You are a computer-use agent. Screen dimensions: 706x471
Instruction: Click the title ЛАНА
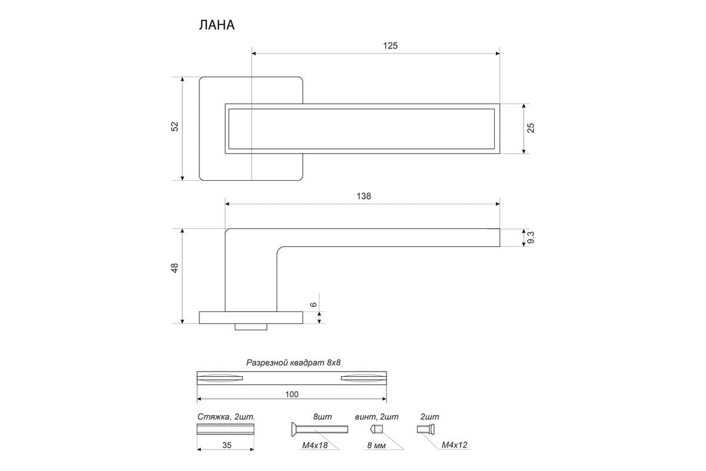click(217, 25)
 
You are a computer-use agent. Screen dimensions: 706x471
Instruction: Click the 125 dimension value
click(390, 46)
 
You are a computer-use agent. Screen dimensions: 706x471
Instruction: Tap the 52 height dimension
click(175, 127)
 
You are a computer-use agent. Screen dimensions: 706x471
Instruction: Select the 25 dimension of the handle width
click(531, 128)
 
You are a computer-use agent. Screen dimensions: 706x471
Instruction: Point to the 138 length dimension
click(364, 196)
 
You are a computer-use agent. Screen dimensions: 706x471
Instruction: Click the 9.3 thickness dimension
click(531, 237)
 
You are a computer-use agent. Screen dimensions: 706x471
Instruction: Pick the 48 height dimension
click(175, 268)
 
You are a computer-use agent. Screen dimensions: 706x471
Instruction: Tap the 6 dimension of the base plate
click(313, 304)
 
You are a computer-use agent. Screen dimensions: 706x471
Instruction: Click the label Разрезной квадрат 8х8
click(294, 363)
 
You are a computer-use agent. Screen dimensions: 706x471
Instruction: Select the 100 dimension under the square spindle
click(292, 394)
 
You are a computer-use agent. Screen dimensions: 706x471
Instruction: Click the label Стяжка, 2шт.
click(226, 417)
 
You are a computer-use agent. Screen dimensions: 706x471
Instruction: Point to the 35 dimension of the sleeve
click(227, 445)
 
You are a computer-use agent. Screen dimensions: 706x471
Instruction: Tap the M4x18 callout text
click(315, 445)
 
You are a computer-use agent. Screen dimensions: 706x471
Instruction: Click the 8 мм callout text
click(377, 446)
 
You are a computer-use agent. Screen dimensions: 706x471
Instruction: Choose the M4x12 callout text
click(454, 445)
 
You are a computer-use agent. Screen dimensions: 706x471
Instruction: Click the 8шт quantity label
click(322, 417)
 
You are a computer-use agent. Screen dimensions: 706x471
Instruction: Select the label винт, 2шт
click(377, 417)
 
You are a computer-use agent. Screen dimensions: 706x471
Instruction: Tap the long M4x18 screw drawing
click(319, 429)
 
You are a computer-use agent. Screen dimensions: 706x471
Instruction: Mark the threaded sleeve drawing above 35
click(225, 429)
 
